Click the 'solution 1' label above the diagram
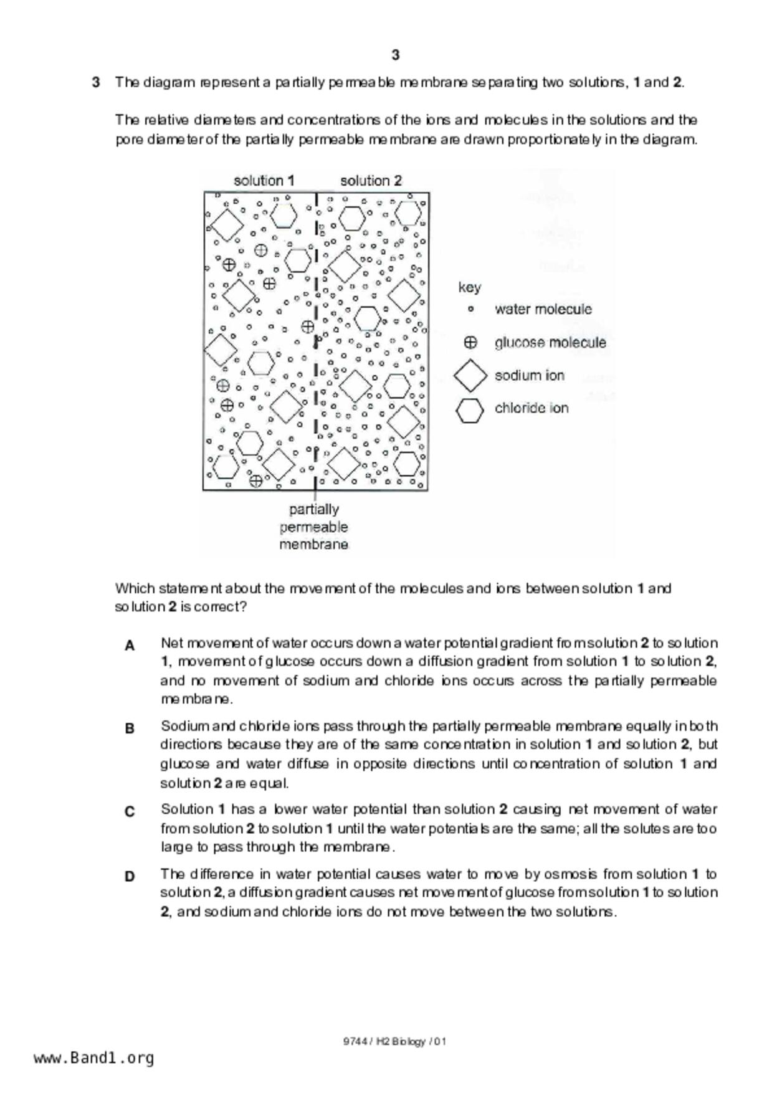coord(264,181)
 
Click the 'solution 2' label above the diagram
coord(371,181)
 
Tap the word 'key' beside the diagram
coord(469,287)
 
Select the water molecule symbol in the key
coord(470,308)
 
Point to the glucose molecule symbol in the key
coord(470,342)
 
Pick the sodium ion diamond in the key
coord(470,375)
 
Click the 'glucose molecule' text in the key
coord(550,342)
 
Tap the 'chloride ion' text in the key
coord(531,408)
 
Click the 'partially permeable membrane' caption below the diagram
coord(313,527)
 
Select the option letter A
coord(130,646)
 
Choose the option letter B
coord(130,728)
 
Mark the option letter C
coord(130,811)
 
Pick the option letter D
coord(130,876)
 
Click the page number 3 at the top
coord(396,55)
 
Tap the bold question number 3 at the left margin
coord(96,82)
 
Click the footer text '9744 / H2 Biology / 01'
coord(394,1041)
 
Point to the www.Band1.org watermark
coord(94,1058)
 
